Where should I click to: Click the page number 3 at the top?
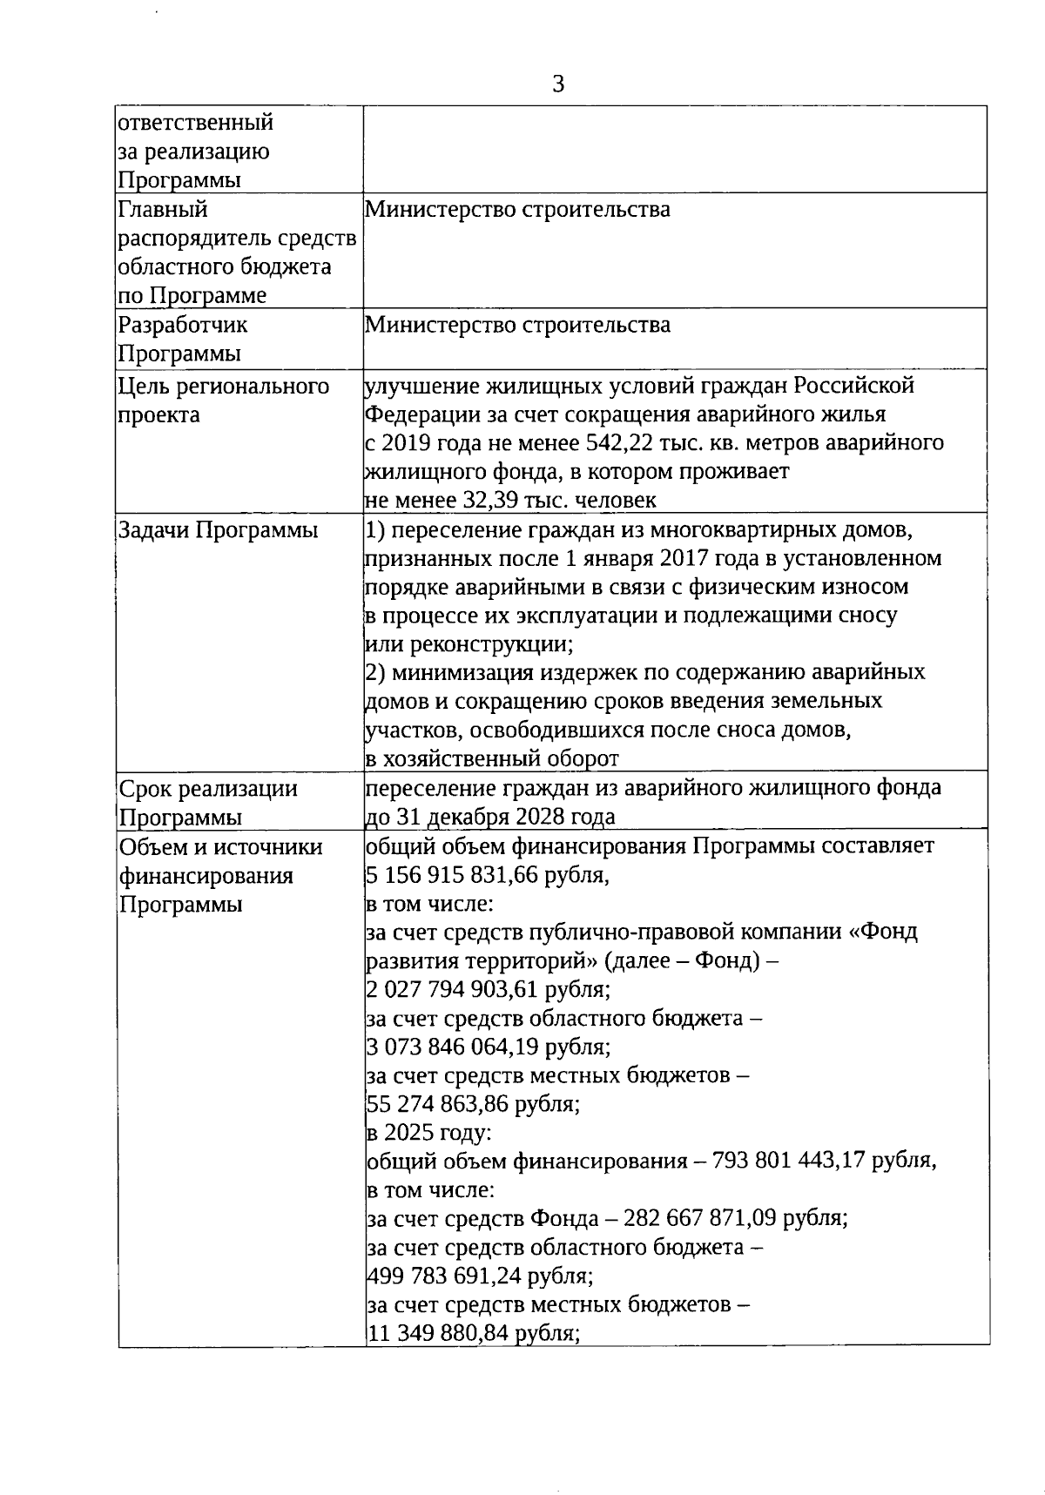[558, 84]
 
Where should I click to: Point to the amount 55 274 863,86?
[437, 1104]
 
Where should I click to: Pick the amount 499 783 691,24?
[443, 1276]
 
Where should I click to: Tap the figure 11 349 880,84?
[437, 1334]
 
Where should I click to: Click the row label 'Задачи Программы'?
[218, 530]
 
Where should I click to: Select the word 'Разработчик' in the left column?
[183, 326]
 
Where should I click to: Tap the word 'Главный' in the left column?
[163, 210]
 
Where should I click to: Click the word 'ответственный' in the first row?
[196, 123]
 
